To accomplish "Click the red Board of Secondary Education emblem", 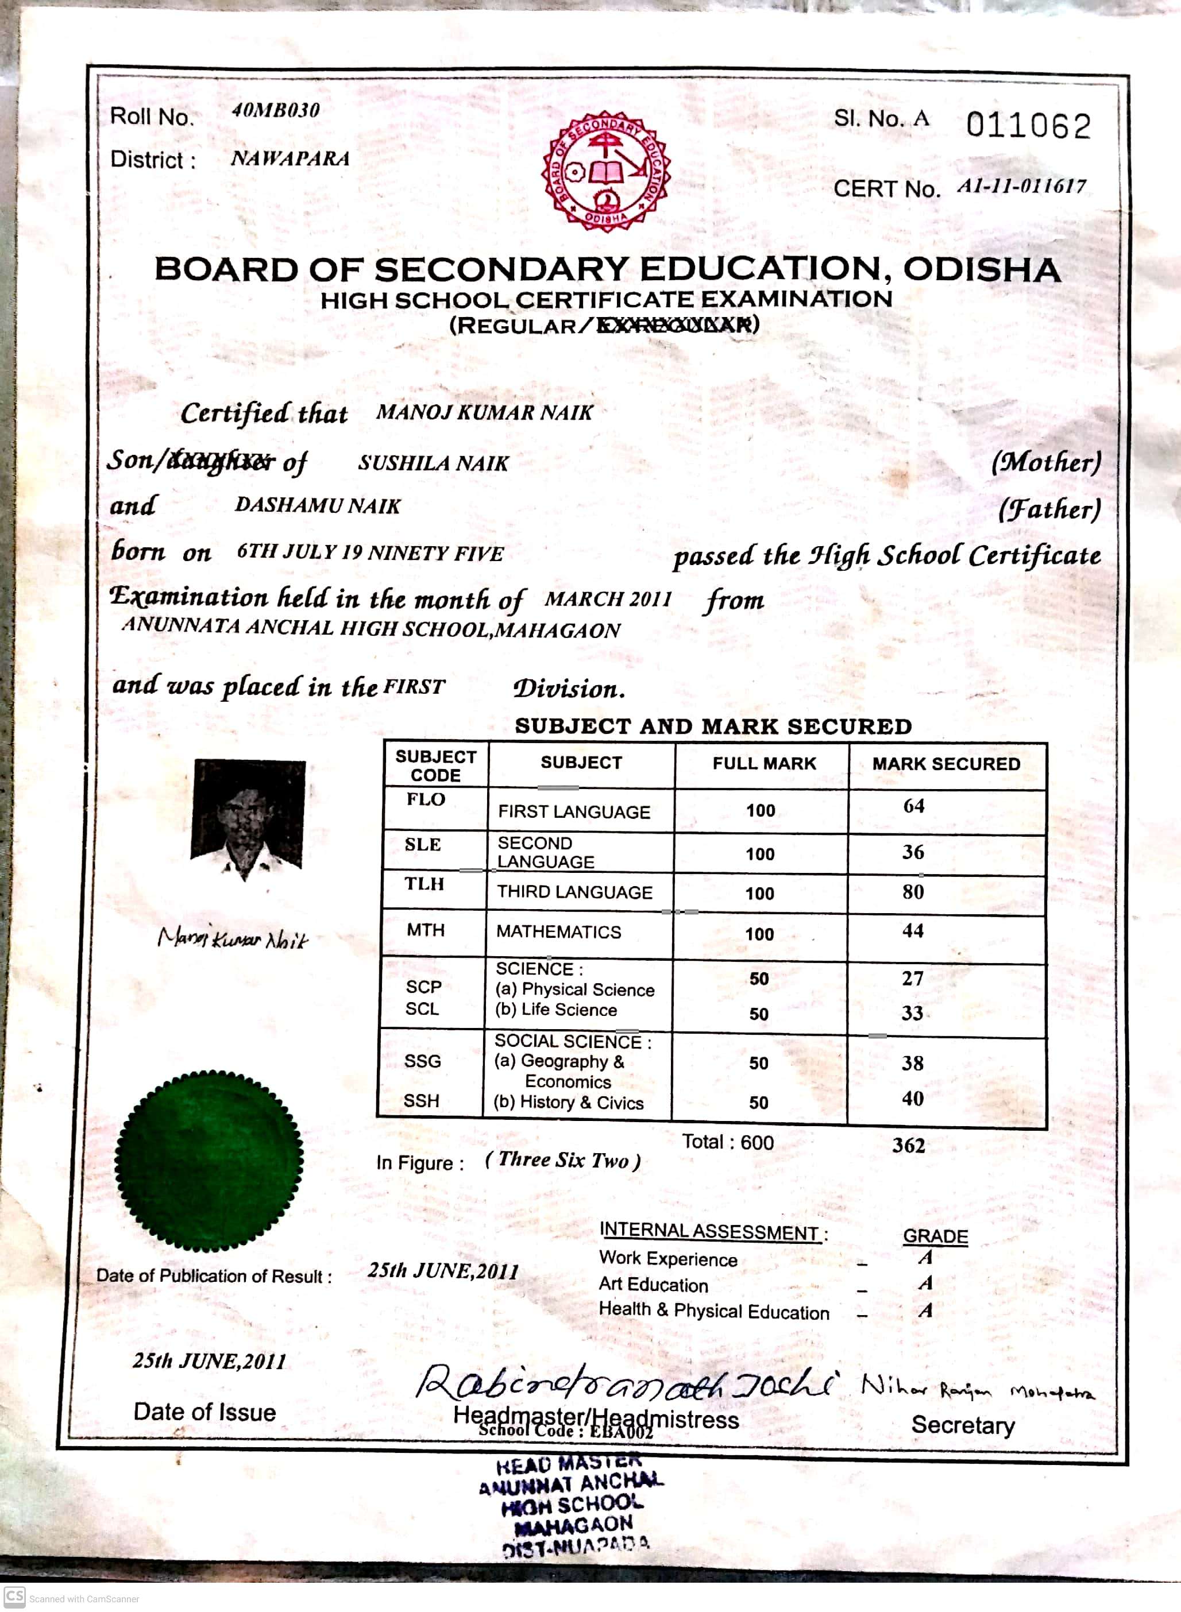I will click(x=606, y=172).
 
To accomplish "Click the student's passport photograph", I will click(x=249, y=819).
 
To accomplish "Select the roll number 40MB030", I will click(x=275, y=110).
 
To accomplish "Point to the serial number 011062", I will click(x=1028, y=126).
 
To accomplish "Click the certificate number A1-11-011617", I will click(x=1021, y=187).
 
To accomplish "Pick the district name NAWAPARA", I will click(x=290, y=159).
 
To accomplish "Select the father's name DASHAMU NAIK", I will click(x=318, y=506).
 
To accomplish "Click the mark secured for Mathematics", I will click(x=913, y=930).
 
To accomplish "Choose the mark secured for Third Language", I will click(x=913, y=892).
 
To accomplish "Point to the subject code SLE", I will click(x=423, y=845).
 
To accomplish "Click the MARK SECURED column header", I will click(x=946, y=764).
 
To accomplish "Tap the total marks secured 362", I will click(x=909, y=1146).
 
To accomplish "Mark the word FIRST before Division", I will click(x=414, y=687).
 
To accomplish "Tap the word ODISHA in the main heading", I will click(x=982, y=269).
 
